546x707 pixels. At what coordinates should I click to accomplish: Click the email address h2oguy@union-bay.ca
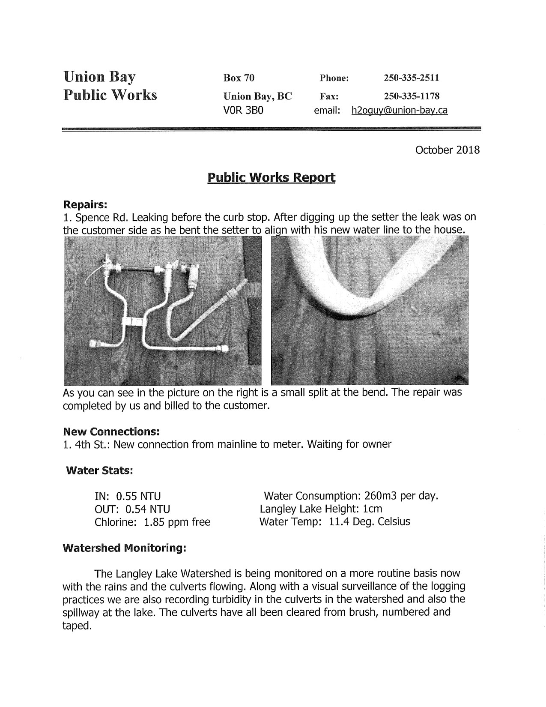[x=399, y=111]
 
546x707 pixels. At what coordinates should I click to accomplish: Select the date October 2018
[x=448, y=150]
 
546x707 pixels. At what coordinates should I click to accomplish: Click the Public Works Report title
[x=271, y=177]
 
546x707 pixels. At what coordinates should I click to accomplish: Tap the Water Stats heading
[x=99, y=470]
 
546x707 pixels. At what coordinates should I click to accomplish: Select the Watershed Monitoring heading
[x=124, y=548]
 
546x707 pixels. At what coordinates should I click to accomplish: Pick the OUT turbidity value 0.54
[x=136, y=509]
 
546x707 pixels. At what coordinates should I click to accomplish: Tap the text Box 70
[x=239, y=78]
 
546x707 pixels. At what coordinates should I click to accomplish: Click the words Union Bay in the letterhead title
[x=99, y=77]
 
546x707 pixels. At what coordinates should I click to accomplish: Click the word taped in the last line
[x=77, y=626]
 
